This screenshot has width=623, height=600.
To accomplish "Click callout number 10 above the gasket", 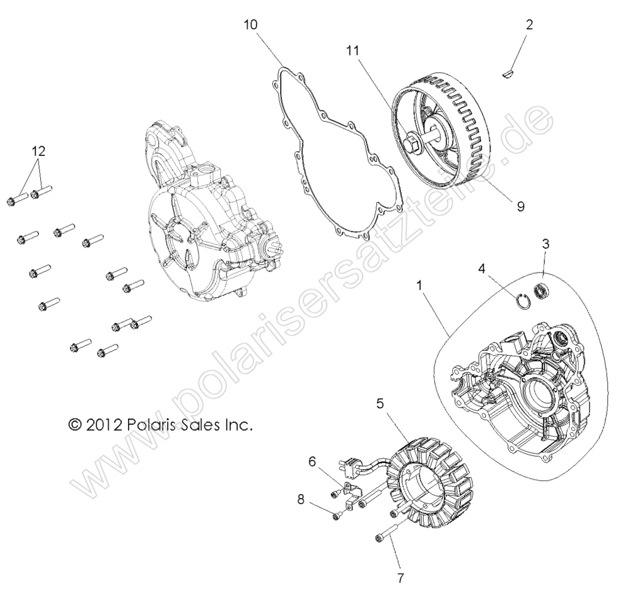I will coord(250,25).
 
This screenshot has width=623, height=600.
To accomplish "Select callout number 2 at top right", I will coord(528,25).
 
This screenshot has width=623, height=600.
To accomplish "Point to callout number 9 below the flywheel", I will coord(520,206).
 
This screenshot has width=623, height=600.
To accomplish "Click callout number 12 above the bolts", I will coord(38,151).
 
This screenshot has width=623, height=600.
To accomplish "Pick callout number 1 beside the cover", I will coord(420,285).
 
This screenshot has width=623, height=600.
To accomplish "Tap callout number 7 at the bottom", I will coord(400,577).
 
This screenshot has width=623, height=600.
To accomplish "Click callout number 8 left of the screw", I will coord(301,499).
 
